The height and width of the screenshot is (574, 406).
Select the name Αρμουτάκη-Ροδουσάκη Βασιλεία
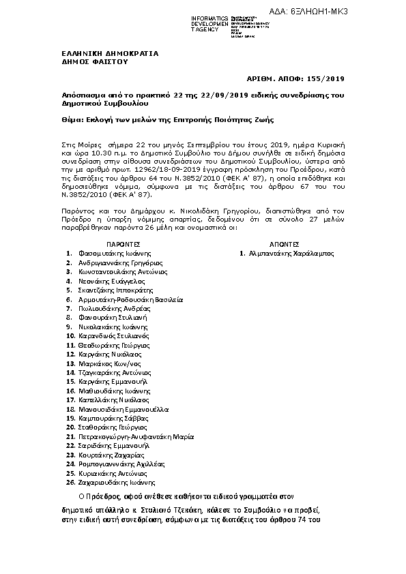coord(130,299)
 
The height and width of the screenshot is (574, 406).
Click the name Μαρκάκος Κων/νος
coord(106,363)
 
